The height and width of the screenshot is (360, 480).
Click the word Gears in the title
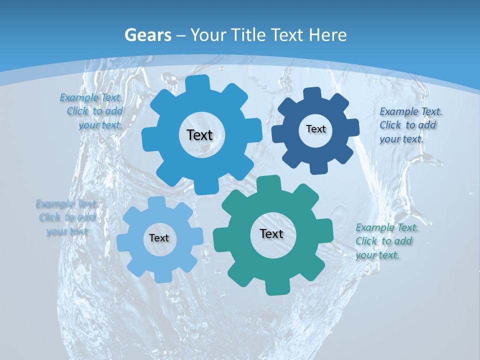(x=147, y=35)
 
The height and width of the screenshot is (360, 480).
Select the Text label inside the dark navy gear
(x=315, y=129)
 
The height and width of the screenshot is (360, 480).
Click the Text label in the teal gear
(x=271, y=233)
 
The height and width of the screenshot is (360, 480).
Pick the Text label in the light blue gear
(x=159, y=238)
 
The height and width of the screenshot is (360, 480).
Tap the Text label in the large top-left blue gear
(x=199, y=135)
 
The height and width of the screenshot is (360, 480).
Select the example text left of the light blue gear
(x=66, y=217)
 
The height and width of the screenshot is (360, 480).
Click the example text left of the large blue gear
(x=92, y=111)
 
